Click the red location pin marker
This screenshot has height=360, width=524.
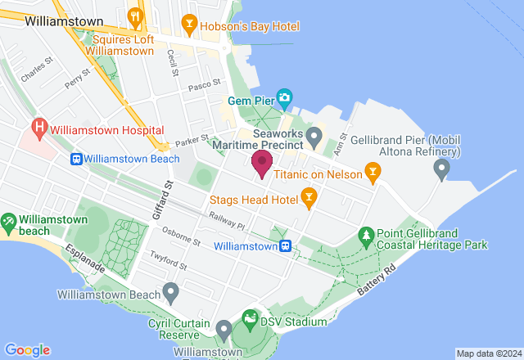pos(262,163)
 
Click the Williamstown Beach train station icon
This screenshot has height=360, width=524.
pos(75,159)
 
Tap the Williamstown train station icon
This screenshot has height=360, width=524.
pos(286,245)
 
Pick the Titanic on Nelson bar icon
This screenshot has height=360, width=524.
pos(373,171)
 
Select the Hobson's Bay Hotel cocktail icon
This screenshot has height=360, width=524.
pos(190,25)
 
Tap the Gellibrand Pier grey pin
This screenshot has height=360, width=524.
pos(442,169)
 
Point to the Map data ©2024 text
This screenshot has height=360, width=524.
pos(488,353)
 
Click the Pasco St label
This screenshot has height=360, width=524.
pos(205,83)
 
